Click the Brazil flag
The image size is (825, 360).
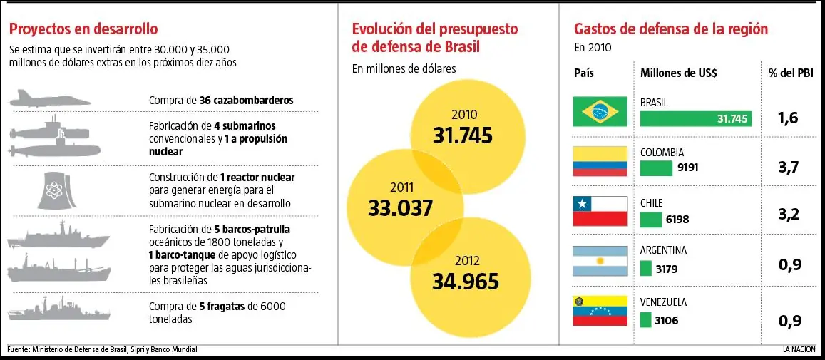point(600,111)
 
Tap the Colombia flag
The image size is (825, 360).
point(600,161)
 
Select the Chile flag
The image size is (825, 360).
point(600,211)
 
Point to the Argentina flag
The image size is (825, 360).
point(600,261)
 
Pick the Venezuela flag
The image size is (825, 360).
point(600,312)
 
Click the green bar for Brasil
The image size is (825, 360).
point(695,119)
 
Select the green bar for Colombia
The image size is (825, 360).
point(656,169)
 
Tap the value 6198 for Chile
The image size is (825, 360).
point(677,220)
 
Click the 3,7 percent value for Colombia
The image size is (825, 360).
point(789,167)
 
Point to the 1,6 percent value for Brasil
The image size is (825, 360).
point(789,118)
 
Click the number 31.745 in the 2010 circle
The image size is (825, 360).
point(462,135)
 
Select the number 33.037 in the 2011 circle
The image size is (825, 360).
point(400,208)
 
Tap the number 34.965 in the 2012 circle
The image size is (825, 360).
point(465,282)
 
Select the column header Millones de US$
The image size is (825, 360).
point(678,73)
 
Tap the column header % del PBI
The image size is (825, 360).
point(790,73)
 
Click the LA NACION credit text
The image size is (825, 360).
point(799,349)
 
